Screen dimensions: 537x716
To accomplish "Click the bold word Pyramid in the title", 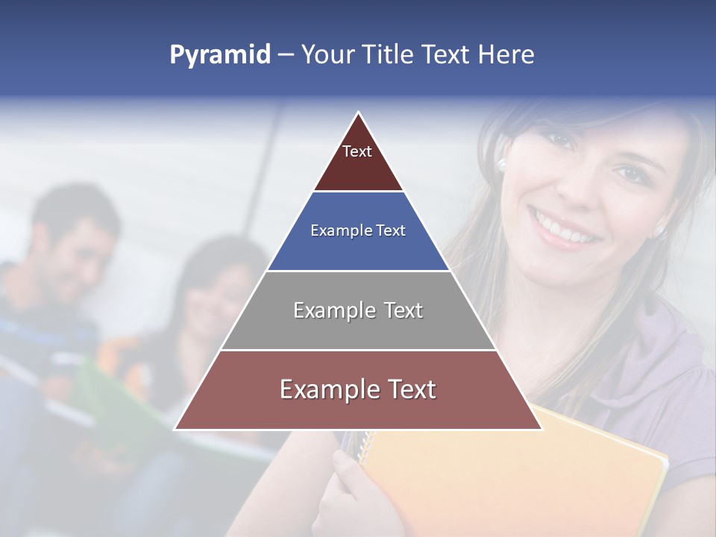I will tap(219, 55).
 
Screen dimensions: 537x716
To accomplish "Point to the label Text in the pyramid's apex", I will tap(357, 151).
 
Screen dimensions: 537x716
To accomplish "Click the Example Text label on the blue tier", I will tap(358, 230).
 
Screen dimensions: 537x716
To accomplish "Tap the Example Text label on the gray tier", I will tap(358, 310).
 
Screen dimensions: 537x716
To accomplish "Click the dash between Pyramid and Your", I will tap(285, 55).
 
